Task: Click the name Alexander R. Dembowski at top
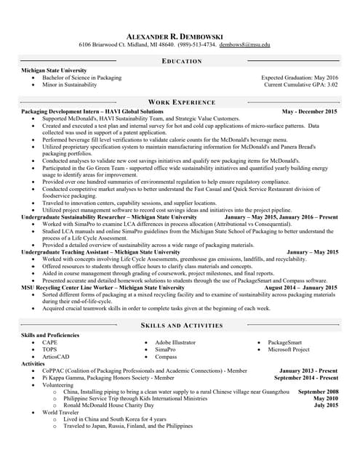click(180, 36)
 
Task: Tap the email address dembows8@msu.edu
click(245, 45)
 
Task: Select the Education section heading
click(181, 61)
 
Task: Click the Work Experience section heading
click(181, 102)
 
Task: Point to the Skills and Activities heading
click(181, 325)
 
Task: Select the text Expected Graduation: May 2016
click(299, 77)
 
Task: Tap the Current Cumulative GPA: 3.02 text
click(301, 84)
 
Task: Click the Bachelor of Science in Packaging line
click(82, 77)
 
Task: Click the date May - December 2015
click(309, 112)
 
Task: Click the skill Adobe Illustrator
click(175, 341)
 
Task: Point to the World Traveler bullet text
click(60, 412)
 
